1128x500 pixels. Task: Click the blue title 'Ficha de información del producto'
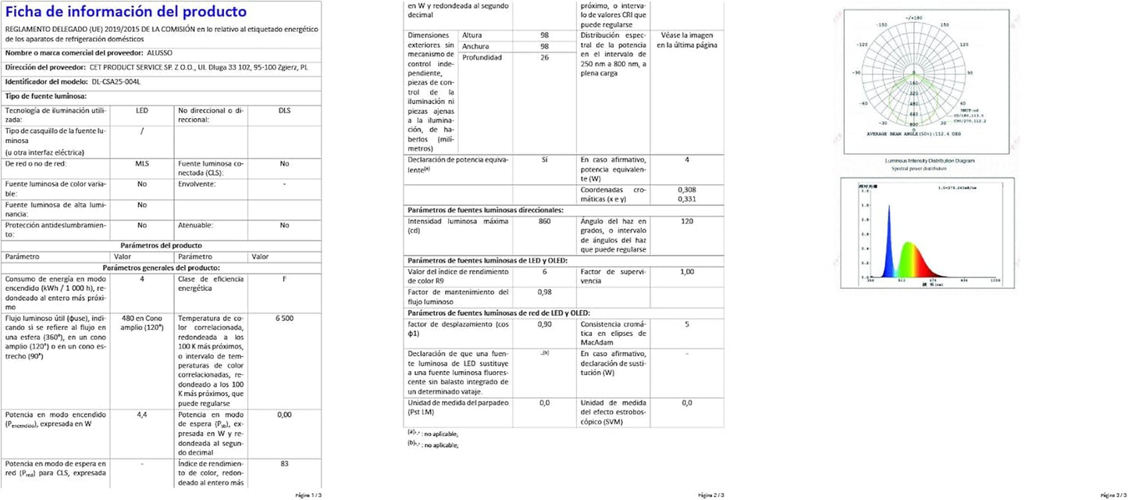point(126,12)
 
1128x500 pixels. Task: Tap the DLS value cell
point(284,111)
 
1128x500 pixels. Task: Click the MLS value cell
point(142,164)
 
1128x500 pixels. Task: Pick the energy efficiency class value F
point(284,279)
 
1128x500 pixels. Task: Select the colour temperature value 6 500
point(284,319)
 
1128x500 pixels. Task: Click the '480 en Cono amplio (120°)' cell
point(142,323)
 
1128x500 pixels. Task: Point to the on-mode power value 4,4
point(142,415)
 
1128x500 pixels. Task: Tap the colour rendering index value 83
point(284,464)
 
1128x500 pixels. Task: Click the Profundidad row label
point(482,58)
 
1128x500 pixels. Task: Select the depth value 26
point(544,58)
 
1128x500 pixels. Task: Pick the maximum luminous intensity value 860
point(544,222)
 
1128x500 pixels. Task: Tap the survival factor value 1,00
point(687,271)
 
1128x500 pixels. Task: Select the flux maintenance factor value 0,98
point(544,292)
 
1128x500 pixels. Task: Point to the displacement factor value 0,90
point(544,324)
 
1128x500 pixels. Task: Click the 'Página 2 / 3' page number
point(711,495)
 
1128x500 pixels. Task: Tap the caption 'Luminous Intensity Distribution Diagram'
point(929,161)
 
